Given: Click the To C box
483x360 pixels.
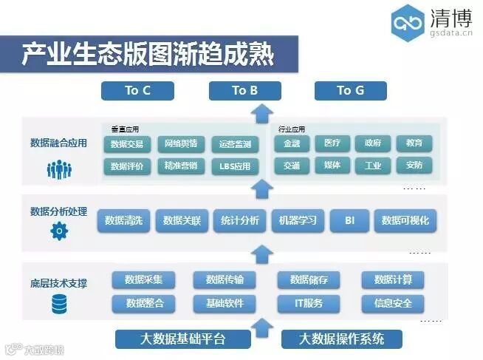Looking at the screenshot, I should click(137, 90).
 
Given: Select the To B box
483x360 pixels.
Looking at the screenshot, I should click(244, 90).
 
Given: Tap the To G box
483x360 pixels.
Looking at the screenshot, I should click(350, 90).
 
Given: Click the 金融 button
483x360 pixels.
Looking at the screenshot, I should click(292, 143).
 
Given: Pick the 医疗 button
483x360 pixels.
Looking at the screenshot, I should click(332, 143).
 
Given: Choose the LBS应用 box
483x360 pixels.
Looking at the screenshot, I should click(235, 166).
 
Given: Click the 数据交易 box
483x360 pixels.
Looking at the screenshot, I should click(127, 143).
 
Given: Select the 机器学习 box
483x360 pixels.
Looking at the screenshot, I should click(298, 220).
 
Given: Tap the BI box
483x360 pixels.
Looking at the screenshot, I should click(350, 220).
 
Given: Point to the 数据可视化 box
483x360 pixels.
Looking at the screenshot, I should click(405, 220).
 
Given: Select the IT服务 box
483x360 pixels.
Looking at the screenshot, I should click(309, 302).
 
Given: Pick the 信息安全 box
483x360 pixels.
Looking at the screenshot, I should click(393, 302).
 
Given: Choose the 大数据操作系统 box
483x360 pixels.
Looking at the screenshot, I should click(342, 339).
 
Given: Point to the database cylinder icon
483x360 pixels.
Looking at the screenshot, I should click(58, 303).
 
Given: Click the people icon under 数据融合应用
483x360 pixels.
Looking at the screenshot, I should click(58, 169).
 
